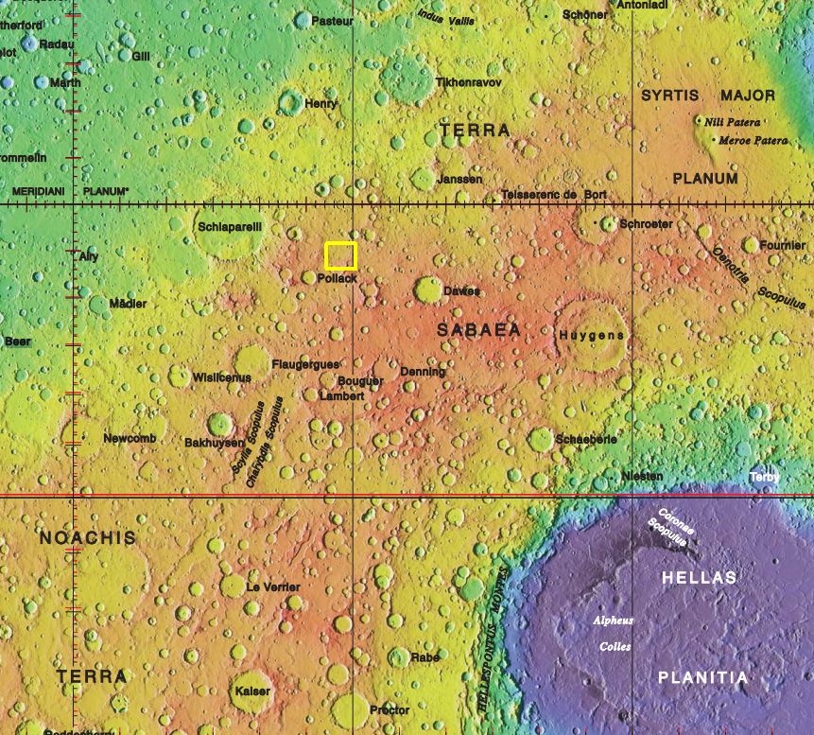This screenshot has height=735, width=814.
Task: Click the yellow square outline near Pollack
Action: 340,255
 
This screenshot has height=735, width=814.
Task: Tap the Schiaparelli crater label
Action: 229,227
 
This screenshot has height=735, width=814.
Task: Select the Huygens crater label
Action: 592,336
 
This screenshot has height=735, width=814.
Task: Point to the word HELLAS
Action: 699,577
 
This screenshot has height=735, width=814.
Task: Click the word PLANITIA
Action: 702,677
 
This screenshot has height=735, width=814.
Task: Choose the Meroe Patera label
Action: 753,140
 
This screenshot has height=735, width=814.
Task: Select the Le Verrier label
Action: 273,587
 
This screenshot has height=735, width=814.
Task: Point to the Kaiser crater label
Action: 252,691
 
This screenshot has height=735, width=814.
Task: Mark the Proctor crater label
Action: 390,709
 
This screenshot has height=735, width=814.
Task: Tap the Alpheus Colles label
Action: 613,634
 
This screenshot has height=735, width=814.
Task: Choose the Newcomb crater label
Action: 130,439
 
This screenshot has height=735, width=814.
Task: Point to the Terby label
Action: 765,478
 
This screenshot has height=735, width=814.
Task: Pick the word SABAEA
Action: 478,329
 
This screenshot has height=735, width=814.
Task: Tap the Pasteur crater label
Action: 332,20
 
